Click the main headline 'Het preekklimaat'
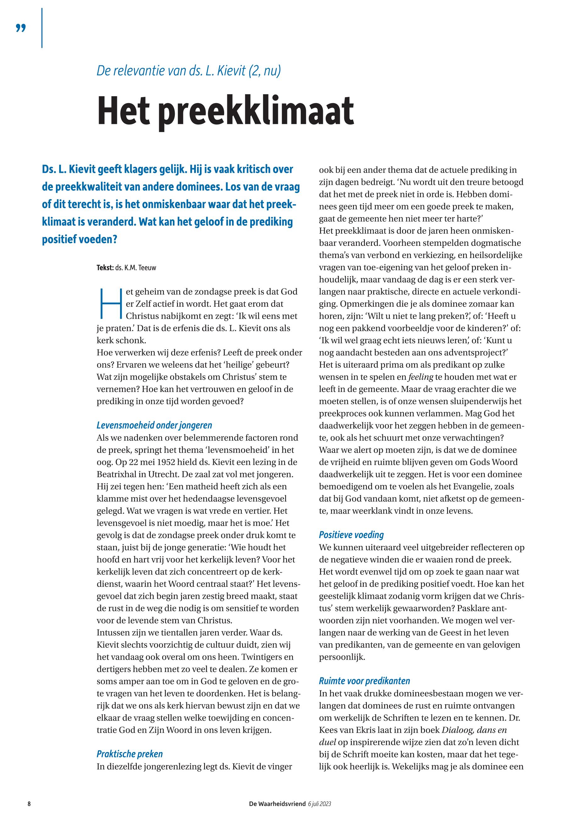click(x=225, y=111)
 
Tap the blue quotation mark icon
click(x=21, y=28)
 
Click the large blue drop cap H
click(x=110, y=303)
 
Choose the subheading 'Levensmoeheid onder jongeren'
click(x=154, y=425)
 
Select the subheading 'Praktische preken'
click(x=130, y=754)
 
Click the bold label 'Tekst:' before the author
click(x=105, y=268)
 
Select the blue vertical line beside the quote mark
click(x=42, y=28)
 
